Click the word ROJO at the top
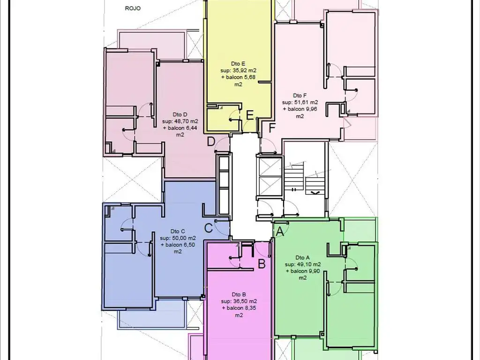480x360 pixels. point(133,8)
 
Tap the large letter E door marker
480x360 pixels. point(250,115)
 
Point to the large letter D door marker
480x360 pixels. point(211,142)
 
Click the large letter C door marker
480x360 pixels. point(209,228)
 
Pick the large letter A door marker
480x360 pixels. point(280,232)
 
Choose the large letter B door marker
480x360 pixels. point(262,263)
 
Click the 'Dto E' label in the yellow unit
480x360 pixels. point(238,64)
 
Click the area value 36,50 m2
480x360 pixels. point(243,301)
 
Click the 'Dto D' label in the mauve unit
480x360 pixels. point(180,114)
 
